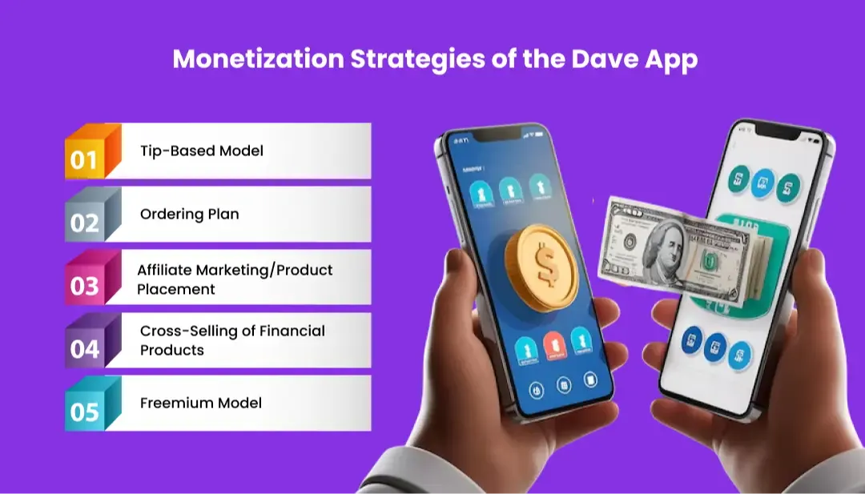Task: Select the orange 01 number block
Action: click(x=85, y=158)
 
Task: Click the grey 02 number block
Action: click(x=85, y=221)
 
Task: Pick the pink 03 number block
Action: click(x=85, y=284)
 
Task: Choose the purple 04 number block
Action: click(x=85, y=347)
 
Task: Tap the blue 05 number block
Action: click(x=85, y=411)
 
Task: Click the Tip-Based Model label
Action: click(x=201, y=151)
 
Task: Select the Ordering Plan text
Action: click(x=189, y=214)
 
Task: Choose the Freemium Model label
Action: click(x=200, y=403)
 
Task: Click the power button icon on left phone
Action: click(x=537, y=390)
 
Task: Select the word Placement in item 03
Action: click(x=176, y=289)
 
